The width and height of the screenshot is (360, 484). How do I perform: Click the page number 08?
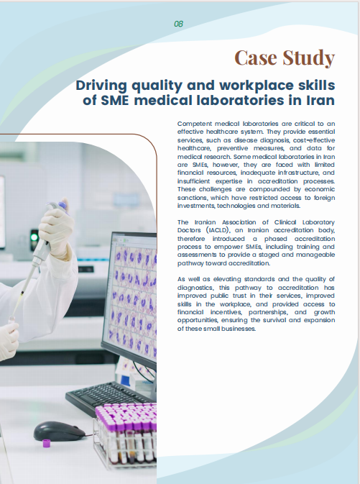(179, 24)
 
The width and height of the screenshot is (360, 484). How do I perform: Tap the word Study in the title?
(309, 58)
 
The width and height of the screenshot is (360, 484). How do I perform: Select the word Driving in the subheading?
(101, 86)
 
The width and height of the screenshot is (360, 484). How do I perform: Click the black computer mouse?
(59, 431)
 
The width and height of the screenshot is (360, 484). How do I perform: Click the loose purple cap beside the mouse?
(47, 444)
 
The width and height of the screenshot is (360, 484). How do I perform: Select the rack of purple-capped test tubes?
(126, 434)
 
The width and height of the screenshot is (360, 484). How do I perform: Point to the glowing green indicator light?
(34, 237)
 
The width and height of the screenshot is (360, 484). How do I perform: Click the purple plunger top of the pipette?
(63, 206)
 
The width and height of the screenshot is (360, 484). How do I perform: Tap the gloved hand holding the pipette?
(56, 229)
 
